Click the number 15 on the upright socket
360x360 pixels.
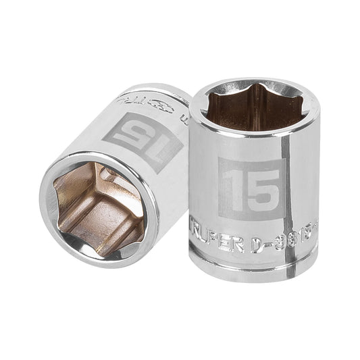click(x=251, y=188)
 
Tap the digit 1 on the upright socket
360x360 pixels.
click(x=232, y=188)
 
